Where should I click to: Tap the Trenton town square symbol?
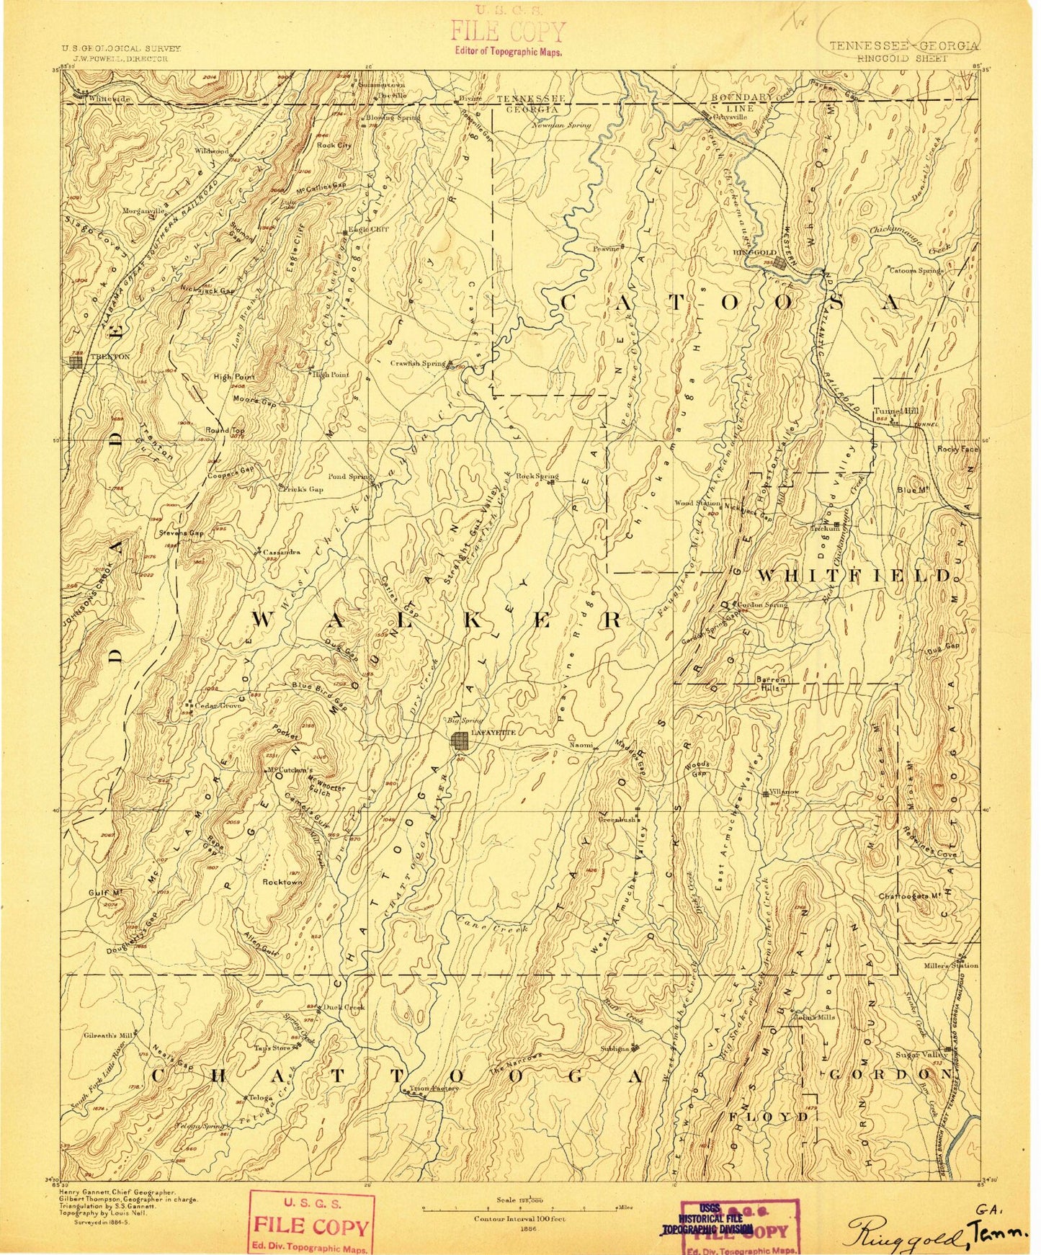76,362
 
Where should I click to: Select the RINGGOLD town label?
754,253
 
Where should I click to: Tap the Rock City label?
334,146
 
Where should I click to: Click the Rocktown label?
282,882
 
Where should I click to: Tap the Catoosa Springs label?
916,271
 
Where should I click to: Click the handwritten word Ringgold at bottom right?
904,1233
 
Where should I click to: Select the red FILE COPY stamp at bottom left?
311,1224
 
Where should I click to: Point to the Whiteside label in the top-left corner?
109,99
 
